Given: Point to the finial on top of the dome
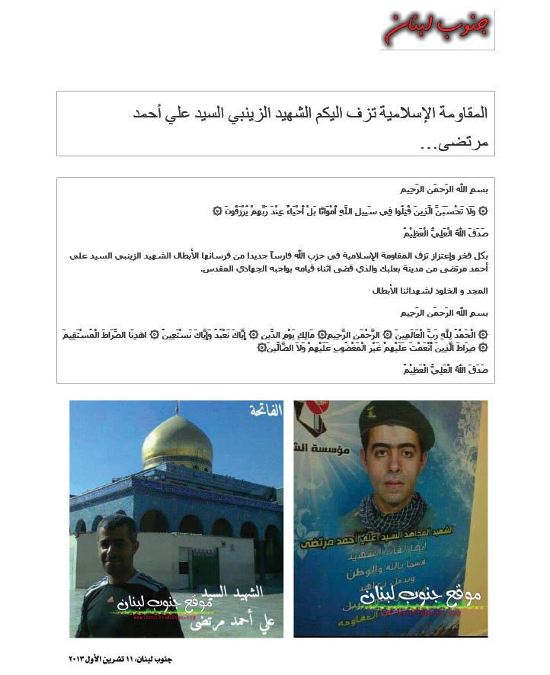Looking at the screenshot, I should click(177, 409).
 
